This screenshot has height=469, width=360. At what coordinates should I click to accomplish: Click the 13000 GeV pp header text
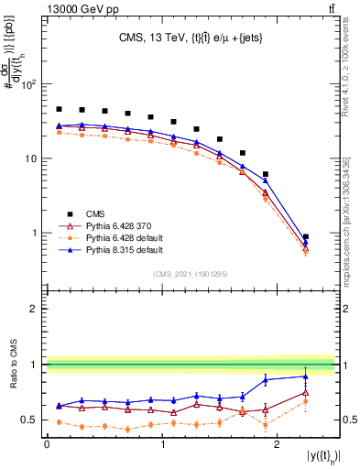pyautogui.click(x=50, y=9)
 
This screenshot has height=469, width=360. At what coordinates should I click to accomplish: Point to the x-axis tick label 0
pyautogui.click(x=47, y=444)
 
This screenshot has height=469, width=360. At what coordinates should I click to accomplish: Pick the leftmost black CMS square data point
pyautogui.click(x=59, y=109)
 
